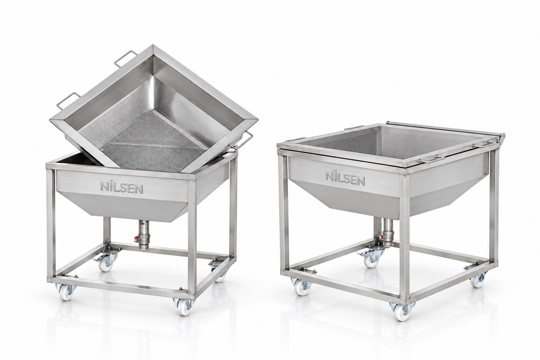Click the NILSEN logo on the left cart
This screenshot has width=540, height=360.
pyautogui.click(x=122, y=188)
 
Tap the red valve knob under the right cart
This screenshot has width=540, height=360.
pyautogui.click(x=380, y=237)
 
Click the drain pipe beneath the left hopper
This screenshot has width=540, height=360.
pyautogui.click(x=144, y=234)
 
